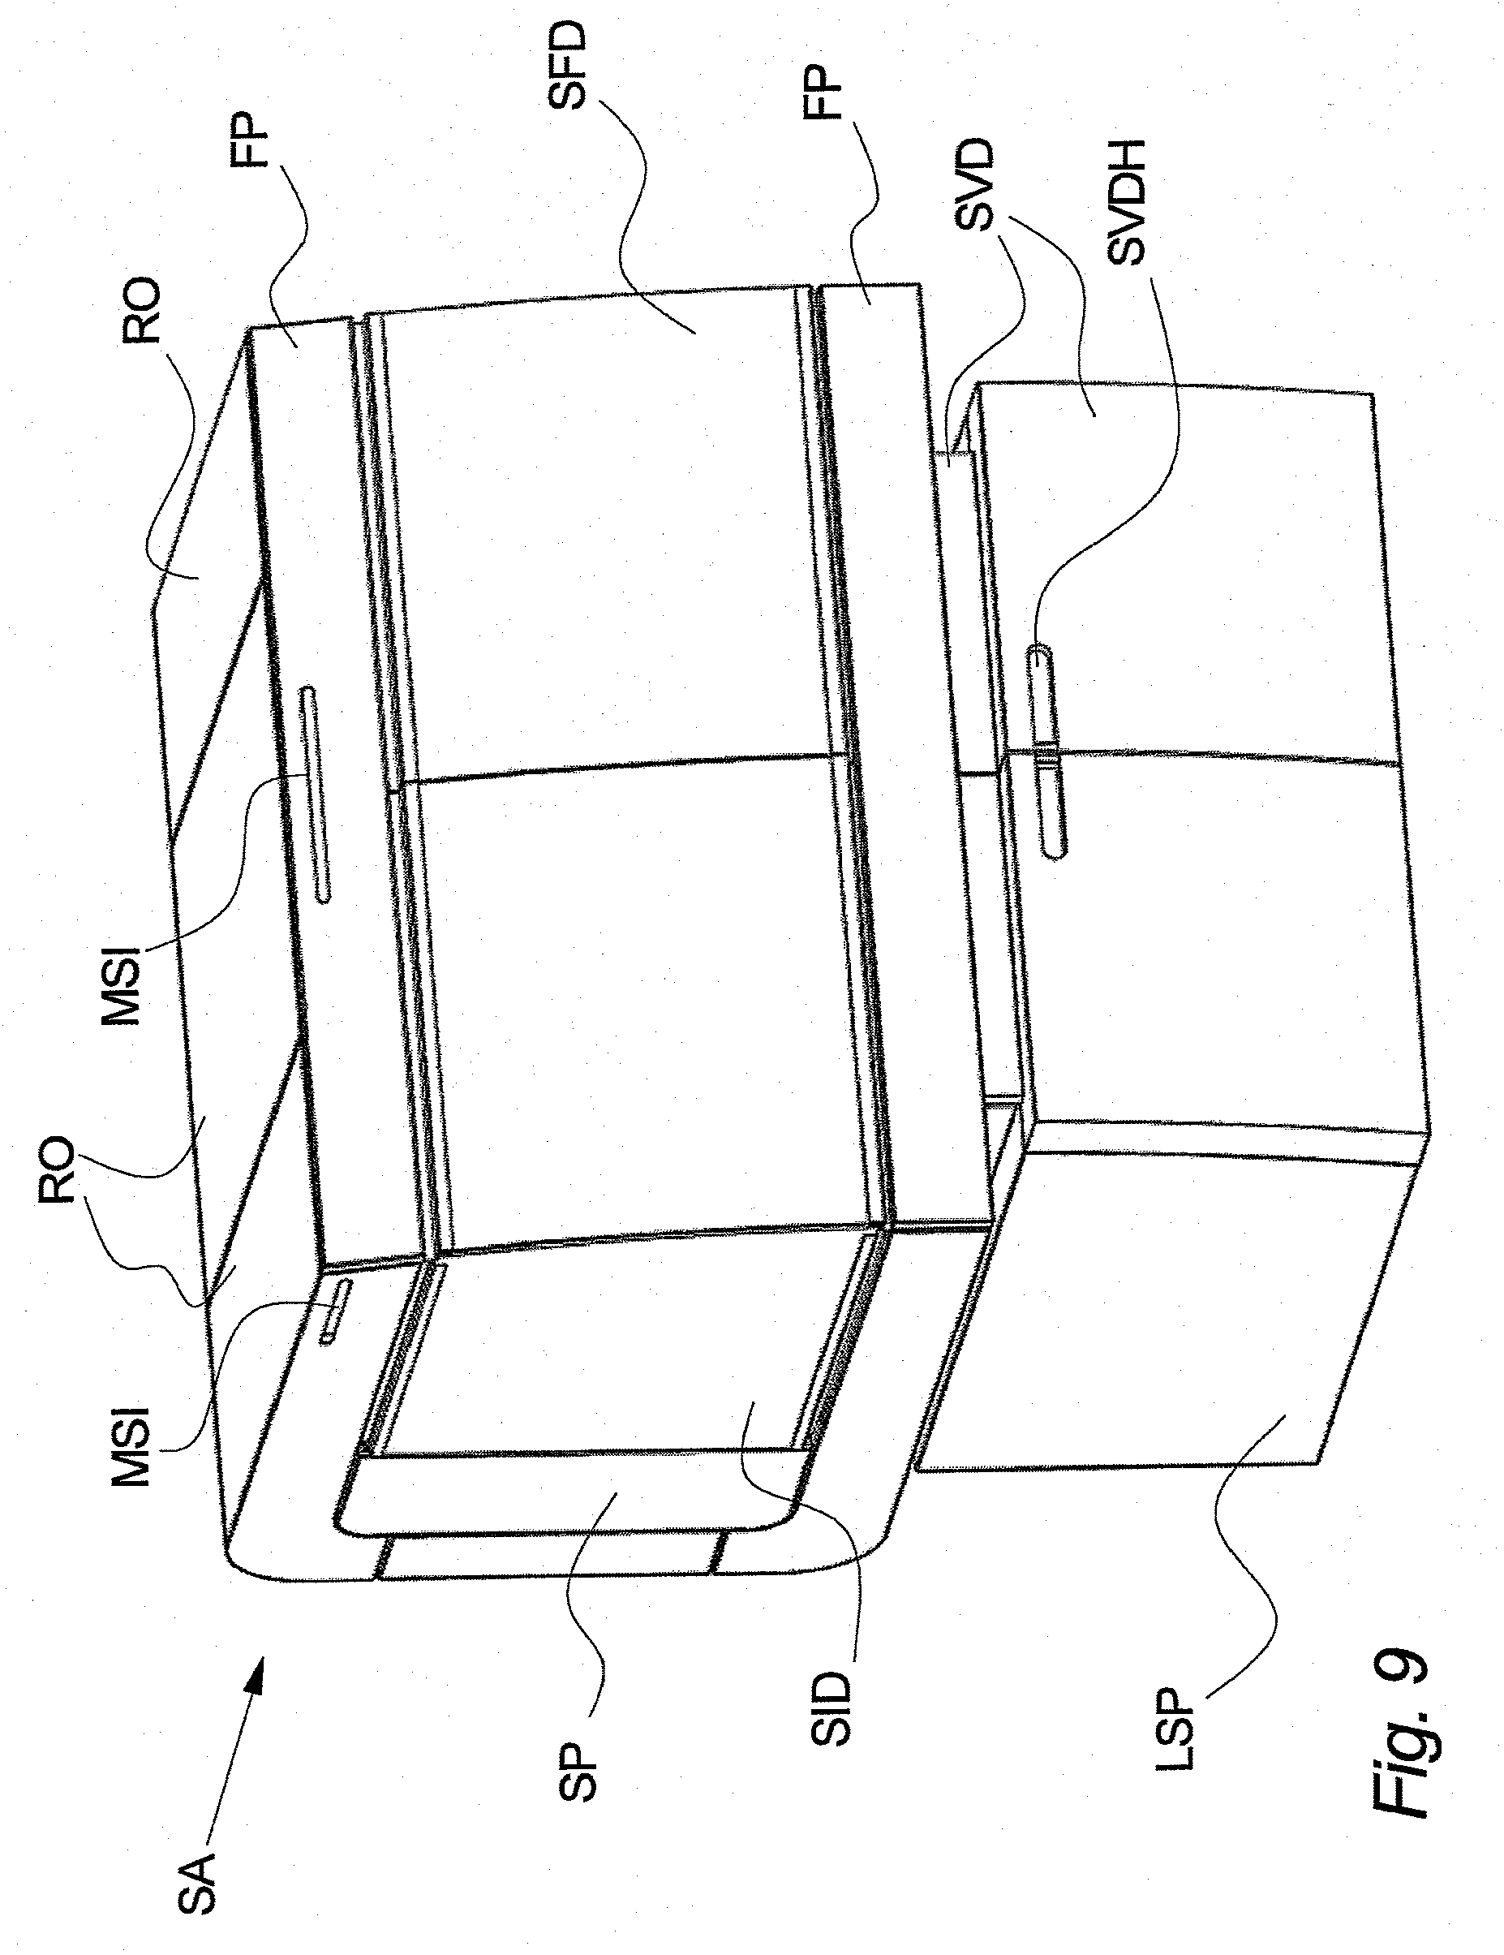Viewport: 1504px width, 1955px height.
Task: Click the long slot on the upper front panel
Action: [x=316, y=794]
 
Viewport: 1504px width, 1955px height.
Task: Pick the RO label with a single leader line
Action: [x=141, y=311]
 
